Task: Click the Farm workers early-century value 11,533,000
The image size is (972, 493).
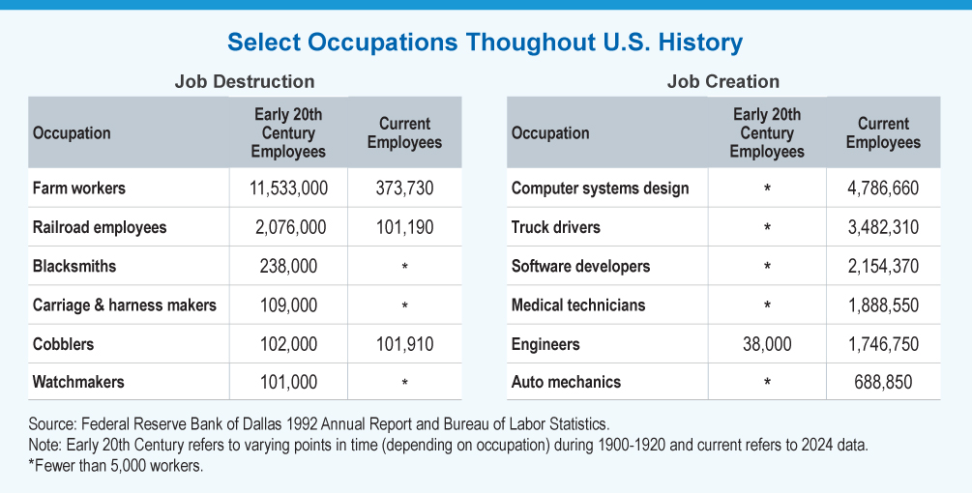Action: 287,188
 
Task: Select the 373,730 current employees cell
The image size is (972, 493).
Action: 403,188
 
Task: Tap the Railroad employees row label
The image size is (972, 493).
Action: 100,227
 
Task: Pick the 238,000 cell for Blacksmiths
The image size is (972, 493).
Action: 287,266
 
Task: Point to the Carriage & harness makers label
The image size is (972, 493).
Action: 125,304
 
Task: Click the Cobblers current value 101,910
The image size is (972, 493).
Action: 403,343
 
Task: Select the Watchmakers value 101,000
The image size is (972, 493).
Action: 287,382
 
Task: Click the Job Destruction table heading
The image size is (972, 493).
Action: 244,81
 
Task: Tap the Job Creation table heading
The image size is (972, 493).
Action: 722,81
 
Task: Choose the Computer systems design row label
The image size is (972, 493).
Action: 600,188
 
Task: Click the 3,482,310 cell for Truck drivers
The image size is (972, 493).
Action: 882,227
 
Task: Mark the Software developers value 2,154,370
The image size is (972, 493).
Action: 882,266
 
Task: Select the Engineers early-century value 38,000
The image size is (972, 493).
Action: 766,343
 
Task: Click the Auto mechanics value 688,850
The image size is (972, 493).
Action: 882,382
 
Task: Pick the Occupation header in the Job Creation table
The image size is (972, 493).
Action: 550,133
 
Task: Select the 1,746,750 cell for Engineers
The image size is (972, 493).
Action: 882,343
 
